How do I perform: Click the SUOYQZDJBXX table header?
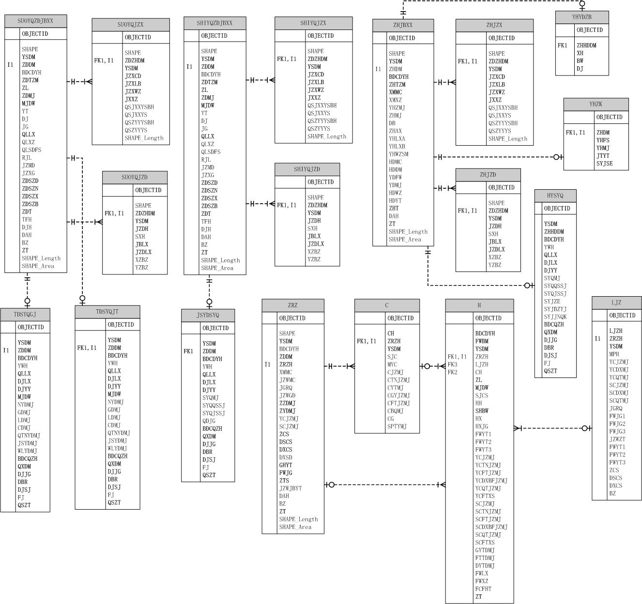(x=35, y=21)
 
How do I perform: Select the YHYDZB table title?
(x=581, y=17)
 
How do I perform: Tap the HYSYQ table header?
(x=555, y=196)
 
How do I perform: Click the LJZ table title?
(x=616, y=303)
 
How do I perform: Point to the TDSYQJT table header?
(x=107, y=312)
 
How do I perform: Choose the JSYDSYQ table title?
(x=208, y=316)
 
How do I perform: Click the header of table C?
(x=386, y=305)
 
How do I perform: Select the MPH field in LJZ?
(x=614, y=354)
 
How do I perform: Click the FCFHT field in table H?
(x=483, y=589)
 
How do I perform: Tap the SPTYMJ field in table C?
(x=397, y=426)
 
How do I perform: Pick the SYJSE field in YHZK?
(x=604, y=164)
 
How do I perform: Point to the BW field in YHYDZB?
(x=580, y=61)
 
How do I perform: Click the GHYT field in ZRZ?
(x=286, y=465)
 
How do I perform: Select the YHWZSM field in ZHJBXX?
(x=398, y=154)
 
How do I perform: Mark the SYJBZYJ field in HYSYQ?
(x=555, y=309)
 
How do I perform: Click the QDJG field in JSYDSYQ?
(x=209, y=421)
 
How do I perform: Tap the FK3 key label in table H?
(x=452, y=364)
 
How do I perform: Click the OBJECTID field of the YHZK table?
(x=609, y=117)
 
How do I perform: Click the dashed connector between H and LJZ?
(x=552, y=428)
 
